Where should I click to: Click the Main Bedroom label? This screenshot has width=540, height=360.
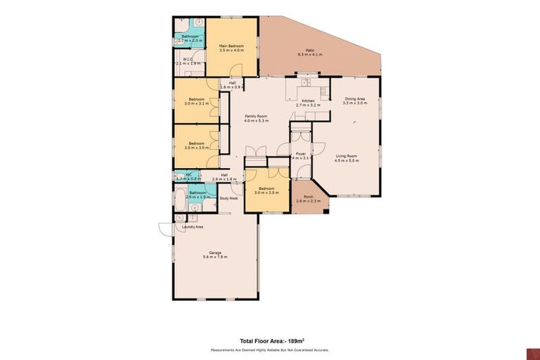tap(231, 46)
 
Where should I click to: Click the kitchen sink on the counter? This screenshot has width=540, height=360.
tap(305, 84)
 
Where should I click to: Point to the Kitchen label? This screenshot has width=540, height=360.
tap(308, 101)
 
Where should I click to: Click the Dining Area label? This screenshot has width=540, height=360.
tap(354, 99)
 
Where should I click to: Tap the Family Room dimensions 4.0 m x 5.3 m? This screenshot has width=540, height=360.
tap(256, 120)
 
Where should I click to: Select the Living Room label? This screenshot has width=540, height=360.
tap(347, 156)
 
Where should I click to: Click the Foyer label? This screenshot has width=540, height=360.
tap(300, 153)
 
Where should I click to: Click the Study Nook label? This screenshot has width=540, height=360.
tap(229, 198)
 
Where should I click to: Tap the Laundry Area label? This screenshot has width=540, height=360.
tap(193, 227)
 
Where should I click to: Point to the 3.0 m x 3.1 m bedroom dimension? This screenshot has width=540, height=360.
tap(195, 104)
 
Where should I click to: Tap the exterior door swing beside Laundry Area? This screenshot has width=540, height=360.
tap(165, 229)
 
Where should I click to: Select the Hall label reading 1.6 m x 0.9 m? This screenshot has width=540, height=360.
tap(231, 86)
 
